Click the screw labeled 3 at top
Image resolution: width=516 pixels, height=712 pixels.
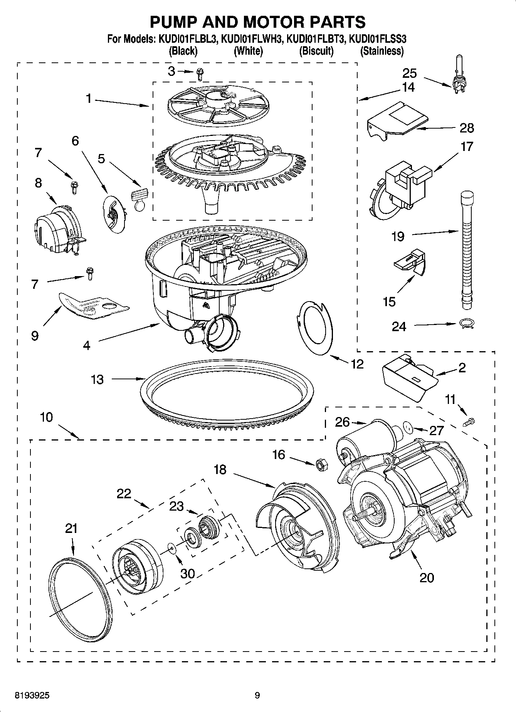[x=200, y=73]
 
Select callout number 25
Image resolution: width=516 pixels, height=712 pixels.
[x=410, y=73]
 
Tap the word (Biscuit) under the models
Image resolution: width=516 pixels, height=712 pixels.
[x=316, y=51]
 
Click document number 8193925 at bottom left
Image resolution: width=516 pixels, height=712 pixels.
[x=32, y=695]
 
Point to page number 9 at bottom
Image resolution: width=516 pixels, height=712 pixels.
[x=257, y=695]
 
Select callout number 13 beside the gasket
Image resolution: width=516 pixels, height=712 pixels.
[x=97, y=379]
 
